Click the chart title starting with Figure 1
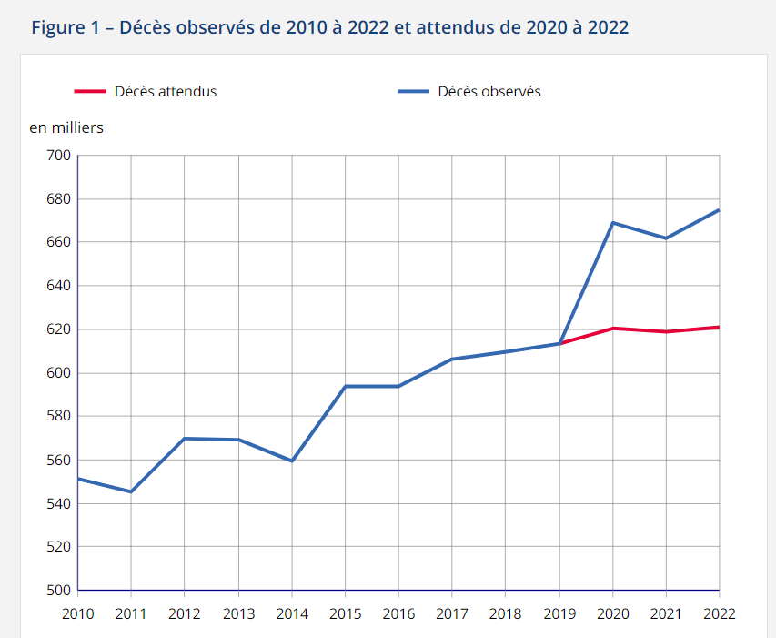pos(329,27)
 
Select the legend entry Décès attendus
pos(166,91)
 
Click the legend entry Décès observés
pos(489,91)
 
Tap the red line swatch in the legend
pos(90,91)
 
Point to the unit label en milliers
pos(66,127)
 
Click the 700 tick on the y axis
pos(58,156)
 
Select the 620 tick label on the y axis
pos(58,329)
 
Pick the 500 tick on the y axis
pos(58,591)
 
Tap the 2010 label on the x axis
pos(78,614)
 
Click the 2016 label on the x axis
pos(398,614)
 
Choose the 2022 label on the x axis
pos(718,614)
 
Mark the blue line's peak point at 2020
pos(612,223)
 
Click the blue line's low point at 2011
pos(131,491)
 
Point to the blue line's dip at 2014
pos(292,461)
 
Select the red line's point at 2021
pos(666,331)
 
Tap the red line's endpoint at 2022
pos(719,327)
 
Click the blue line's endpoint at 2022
pos(719,210)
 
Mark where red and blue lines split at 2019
pos(559,343)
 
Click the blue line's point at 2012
pos(185,439)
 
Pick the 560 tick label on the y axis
pos(58,461)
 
